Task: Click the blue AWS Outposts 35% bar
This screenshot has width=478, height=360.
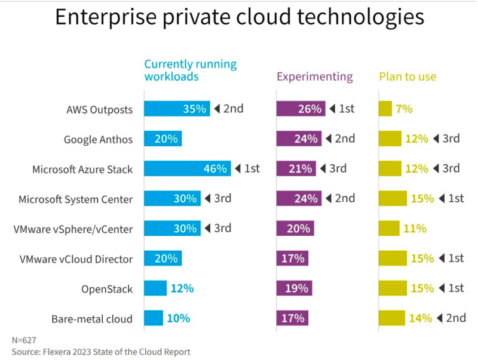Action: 177,109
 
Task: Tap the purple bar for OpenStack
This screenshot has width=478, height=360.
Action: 294,288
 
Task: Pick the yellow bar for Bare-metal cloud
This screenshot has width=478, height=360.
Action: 392,318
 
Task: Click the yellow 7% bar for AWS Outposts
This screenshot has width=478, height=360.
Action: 385,109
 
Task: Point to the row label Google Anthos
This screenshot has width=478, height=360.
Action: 99,139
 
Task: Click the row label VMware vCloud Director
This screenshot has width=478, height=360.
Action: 76,259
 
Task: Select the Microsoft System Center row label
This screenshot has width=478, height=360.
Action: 76,199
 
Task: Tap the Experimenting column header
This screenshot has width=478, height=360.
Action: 315,76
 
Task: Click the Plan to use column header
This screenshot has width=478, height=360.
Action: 407,76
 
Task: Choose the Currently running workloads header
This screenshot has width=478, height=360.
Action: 191,70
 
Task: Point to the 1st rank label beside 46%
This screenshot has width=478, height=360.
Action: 252,168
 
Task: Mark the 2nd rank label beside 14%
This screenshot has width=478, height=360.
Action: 456,318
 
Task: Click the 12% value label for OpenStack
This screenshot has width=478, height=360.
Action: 182,288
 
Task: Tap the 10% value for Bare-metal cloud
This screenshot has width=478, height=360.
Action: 178,318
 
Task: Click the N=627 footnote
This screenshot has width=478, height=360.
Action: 24,340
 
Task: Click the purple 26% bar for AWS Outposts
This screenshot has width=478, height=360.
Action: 301,109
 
